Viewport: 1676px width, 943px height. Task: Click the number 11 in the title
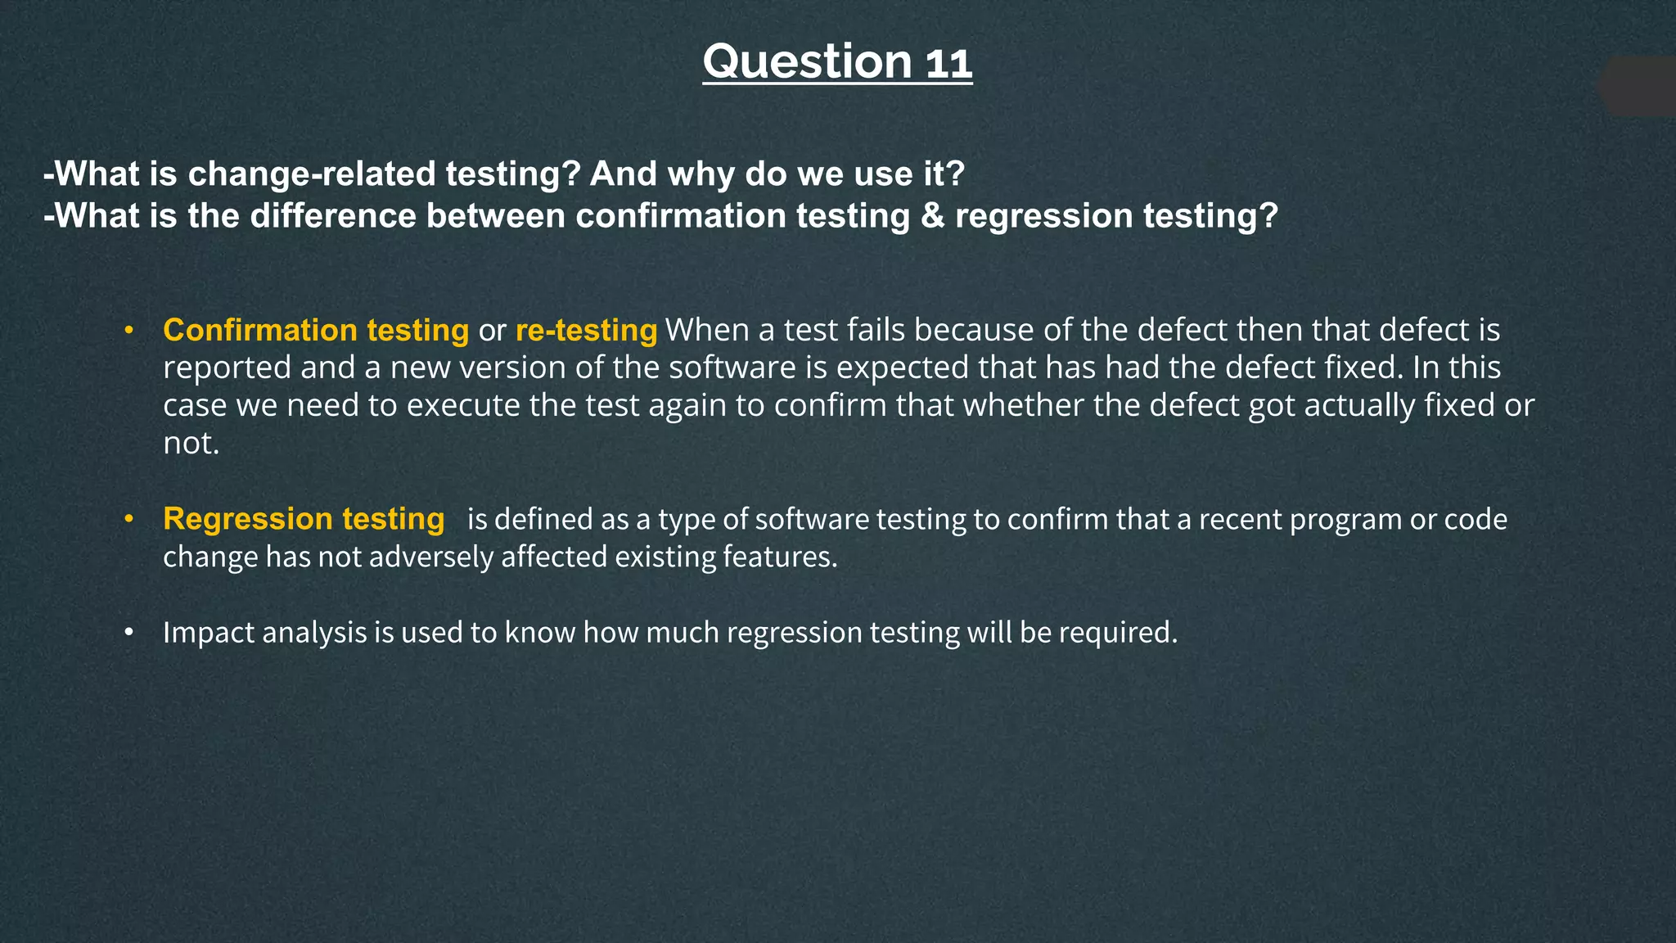pyautogui.click(x=948, y=63)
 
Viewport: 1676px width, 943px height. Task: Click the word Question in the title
pyautogui.click(x=806, y=61)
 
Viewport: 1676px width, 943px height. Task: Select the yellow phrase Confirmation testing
pyautogui.click(x=316, y=330)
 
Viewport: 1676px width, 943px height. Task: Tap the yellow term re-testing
pyautogui.click(x=586, y=330)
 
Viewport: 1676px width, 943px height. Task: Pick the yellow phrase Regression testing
pyautogui.click(x=304, y=519)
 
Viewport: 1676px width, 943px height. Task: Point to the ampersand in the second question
pyautogui.click(x=932, y=216)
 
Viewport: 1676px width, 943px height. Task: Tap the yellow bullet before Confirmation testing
pyautogui.click(x=128, y=331)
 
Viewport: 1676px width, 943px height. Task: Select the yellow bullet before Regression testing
pyautogui.click(x=128, y=520)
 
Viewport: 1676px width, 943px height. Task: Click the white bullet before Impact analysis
pyautogui.click(x=128, y=634)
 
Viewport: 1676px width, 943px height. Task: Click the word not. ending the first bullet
pyautogui.click(x=191, y=444)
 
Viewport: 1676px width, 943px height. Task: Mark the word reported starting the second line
pyautogui.click(x=227, y=368)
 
